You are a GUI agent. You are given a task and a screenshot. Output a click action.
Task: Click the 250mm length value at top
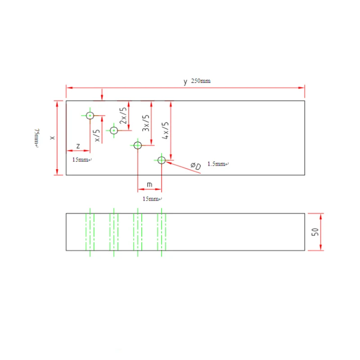click(x=201, y=81)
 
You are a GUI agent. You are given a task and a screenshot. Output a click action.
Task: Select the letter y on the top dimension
click(x=185, y=81)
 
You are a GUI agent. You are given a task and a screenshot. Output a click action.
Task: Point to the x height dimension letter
click(x=52, y=138)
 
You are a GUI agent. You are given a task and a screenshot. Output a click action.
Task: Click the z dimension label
click(x=78, y=146)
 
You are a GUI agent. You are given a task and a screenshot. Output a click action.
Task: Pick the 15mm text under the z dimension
click(x=81, y=160)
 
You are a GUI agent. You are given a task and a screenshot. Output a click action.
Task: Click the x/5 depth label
click(x=96, y=135)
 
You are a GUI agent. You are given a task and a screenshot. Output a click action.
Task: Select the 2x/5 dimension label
click(x=122, y=116)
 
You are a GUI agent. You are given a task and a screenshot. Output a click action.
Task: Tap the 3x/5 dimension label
click(x=145, y=123)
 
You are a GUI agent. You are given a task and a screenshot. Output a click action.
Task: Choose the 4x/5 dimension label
click(x=165, y=130)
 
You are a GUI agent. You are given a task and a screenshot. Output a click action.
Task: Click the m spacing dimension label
click(x=149, y=184)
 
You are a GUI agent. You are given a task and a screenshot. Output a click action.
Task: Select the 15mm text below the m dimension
click(x=151, y=199)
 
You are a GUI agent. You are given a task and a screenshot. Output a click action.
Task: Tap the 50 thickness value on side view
click(x=315, y=232)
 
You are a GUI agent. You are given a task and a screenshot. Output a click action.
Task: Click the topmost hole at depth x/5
click(x=90, y=116)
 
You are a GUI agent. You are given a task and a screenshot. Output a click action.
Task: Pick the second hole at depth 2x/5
click(x=114, y=130)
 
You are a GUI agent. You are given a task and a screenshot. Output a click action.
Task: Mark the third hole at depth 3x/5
click(x=138, y=145)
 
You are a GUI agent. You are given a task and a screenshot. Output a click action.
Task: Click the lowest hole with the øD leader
click(x=162, y=160)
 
